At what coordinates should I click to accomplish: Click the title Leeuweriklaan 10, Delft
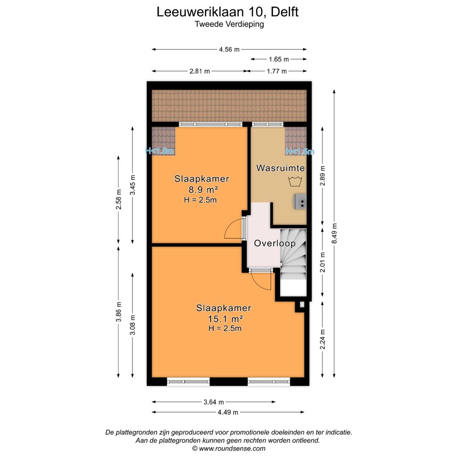[228, 11]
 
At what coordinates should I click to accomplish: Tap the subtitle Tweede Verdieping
[229, 24]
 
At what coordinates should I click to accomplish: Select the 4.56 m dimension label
[229, 49]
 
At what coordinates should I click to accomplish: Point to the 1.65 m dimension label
[279, 59]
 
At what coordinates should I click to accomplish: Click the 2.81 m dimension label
[199, 71]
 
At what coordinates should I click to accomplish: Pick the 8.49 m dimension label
[334, 233]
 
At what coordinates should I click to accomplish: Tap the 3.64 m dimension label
[213, 402]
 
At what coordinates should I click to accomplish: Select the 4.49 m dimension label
[228, 412]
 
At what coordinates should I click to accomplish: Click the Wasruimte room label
[280, 168]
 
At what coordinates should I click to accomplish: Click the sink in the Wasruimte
[301, 201]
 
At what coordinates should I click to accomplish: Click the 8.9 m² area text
[202, 189]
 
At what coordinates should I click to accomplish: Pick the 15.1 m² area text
[224, 319]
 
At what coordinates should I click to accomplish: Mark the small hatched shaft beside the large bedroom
[302, 304]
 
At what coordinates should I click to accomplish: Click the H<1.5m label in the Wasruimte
[300, 151]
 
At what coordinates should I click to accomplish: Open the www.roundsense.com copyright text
[228, 449]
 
